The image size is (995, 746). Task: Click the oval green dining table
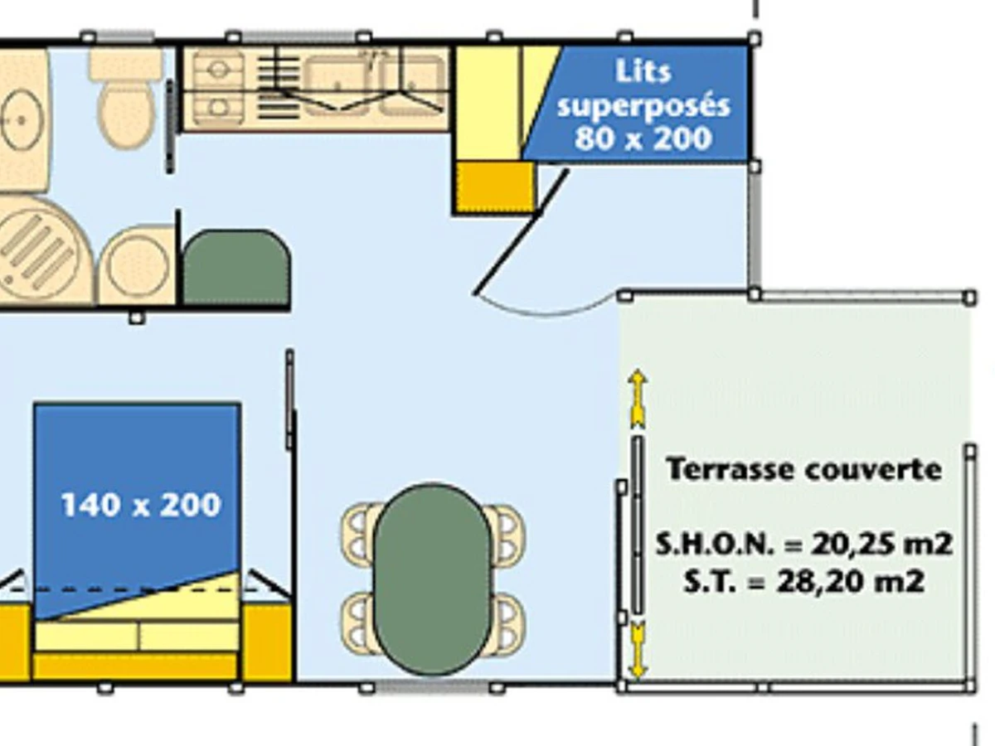point(432,579)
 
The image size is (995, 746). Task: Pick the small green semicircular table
point(235,267)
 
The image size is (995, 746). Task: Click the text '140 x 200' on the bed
point(141,505)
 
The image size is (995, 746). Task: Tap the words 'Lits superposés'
point(643,89)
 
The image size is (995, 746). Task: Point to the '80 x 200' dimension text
point(643,138)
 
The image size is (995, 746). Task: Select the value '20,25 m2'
point(881,545)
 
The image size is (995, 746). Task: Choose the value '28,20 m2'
point(850,581)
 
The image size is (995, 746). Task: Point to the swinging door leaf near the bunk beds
point(521,232)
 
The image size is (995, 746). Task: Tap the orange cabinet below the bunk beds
point(494,186)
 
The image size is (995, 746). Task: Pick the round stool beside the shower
point(137,265)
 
